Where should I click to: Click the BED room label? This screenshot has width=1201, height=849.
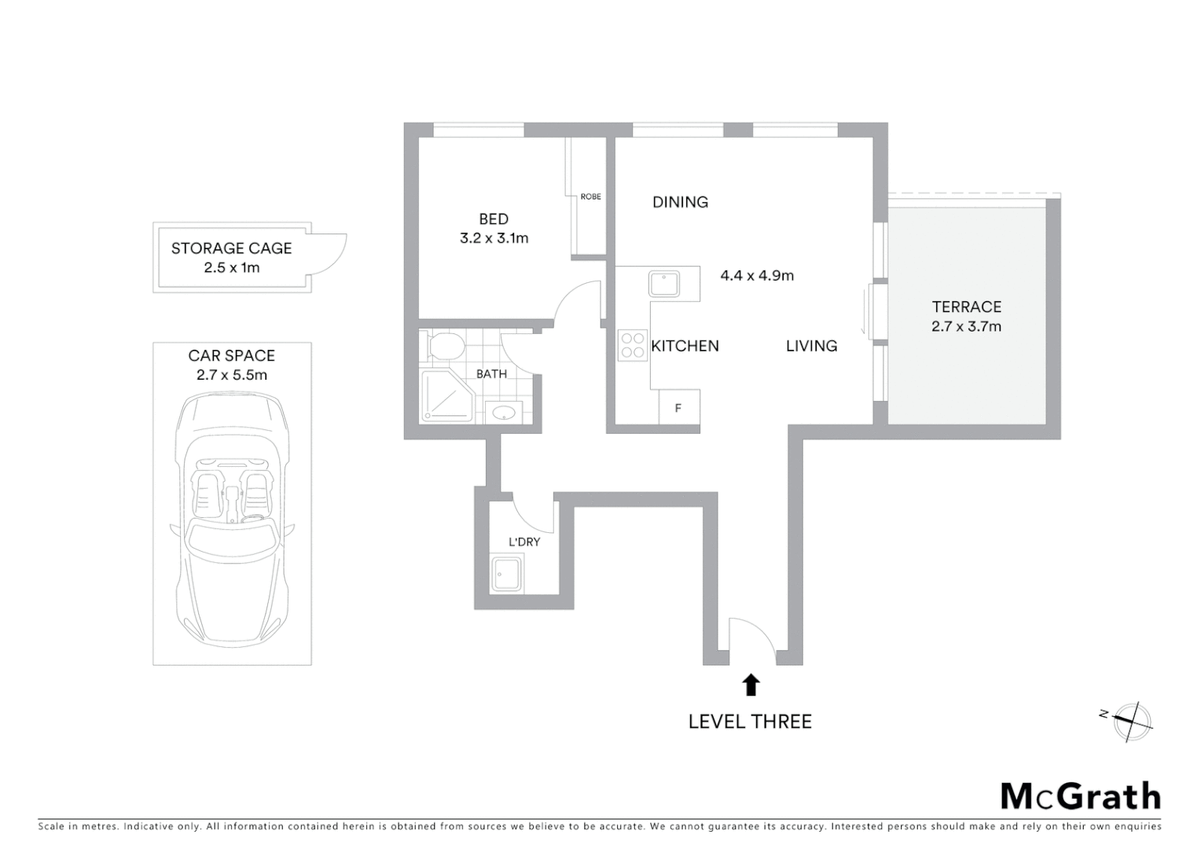point(494,219)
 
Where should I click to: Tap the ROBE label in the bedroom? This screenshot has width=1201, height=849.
point(590,197)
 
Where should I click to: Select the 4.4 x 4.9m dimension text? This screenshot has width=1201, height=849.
point(757,276)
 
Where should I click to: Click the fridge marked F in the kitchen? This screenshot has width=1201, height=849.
point(678,408)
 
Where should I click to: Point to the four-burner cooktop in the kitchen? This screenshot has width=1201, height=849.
point(633,345)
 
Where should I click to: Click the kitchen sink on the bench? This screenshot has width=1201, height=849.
point(664,283)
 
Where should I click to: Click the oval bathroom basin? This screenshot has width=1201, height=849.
point(500,411)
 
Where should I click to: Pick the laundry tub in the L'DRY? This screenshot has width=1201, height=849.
point(507,575)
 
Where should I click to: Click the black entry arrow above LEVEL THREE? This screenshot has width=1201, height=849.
point(751,685)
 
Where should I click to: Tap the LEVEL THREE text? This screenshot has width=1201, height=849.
point(750,722)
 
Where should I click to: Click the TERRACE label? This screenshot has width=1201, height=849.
point(966,307)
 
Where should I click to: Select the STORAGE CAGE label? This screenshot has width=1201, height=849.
point(231,248)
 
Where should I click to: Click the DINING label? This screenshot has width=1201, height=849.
point(680,202)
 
